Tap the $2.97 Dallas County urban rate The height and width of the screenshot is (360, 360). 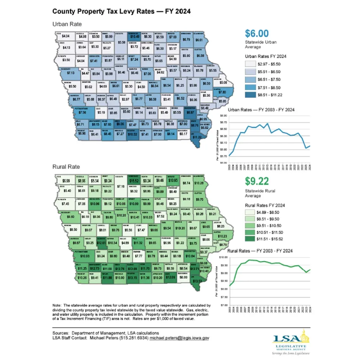(125, 99)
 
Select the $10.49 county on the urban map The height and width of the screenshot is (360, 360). (134, 36)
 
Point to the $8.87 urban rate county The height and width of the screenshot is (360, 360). (192, 113)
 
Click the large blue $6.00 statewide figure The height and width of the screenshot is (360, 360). (257, 33)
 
